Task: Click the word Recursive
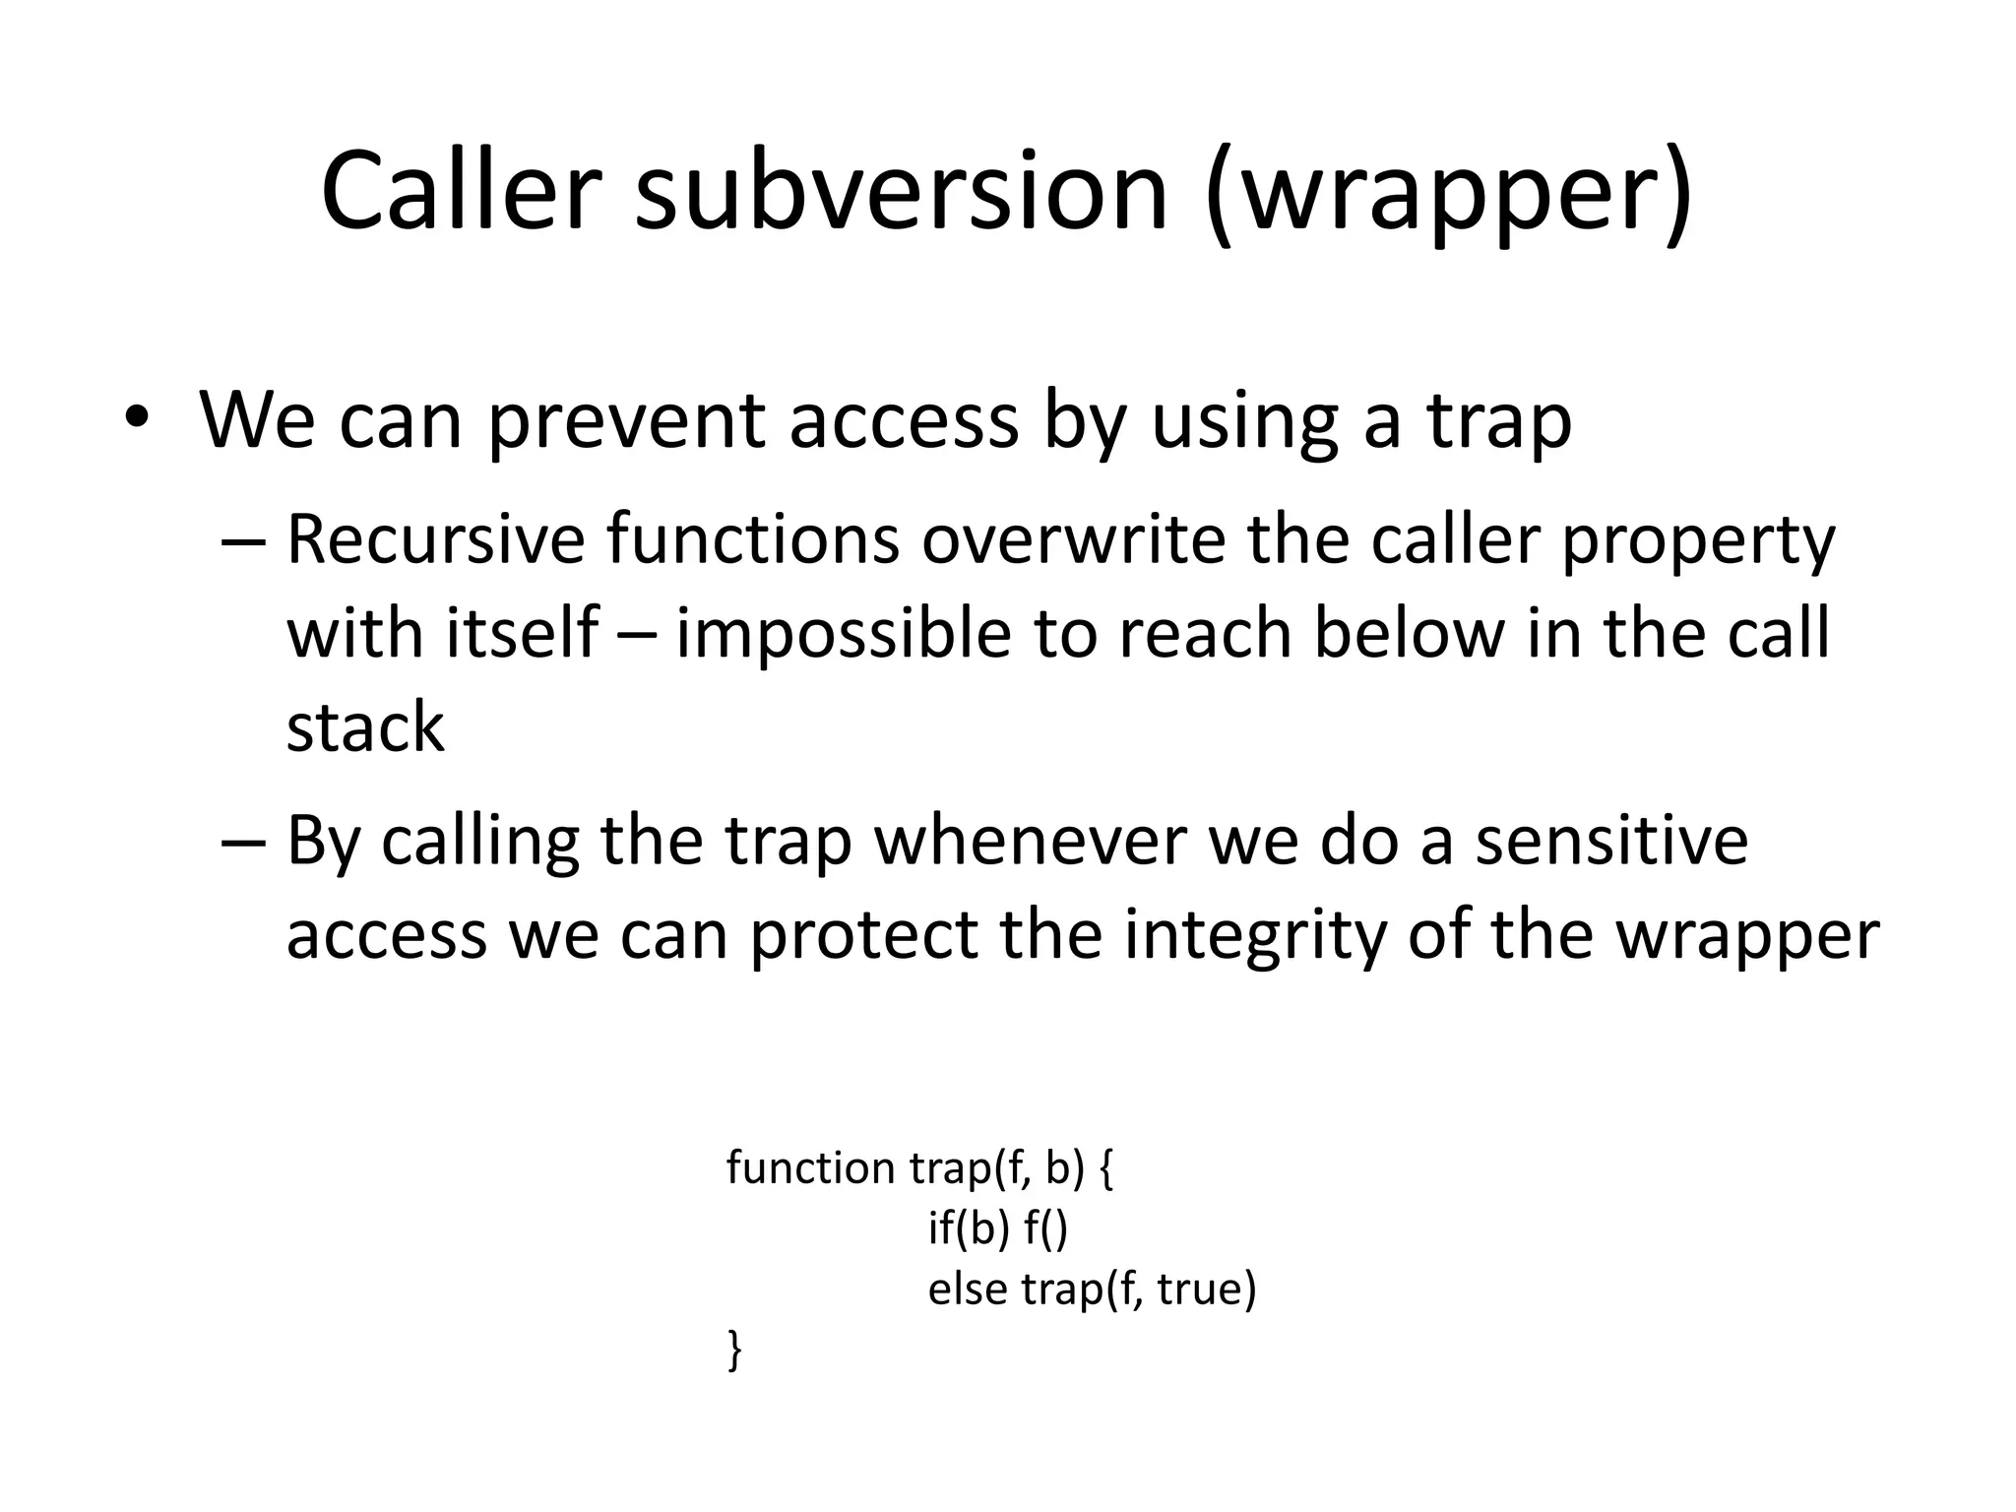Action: [x=434, y=540]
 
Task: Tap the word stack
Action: [x=365, y=728]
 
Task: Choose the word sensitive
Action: [x=1611, y=842]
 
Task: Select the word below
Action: [x=1409, y=634]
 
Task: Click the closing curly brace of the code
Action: [x=734, y=1350]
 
